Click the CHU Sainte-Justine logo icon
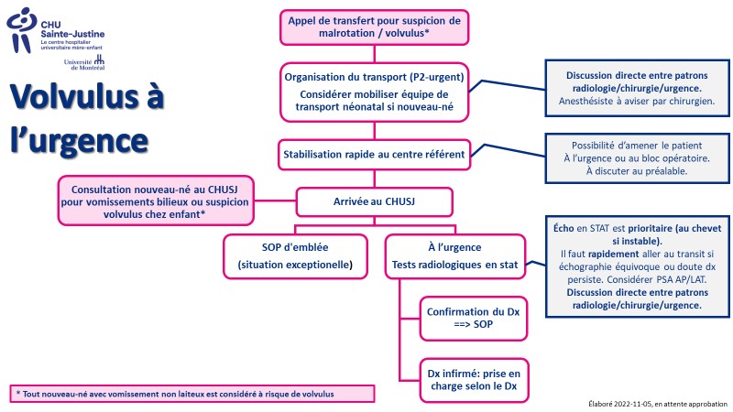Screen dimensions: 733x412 click(x=21, y=29)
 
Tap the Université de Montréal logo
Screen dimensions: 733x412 click(x=84, y=62)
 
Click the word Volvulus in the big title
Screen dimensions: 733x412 click(x=76, y=96)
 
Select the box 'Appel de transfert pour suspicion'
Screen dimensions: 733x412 click(x=374, y=27)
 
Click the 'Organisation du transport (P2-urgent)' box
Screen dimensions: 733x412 click(x=374, y=92)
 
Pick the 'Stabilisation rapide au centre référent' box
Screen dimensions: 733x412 click(x=374, y=155)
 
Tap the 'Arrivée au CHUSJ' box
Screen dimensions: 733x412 click(x=374, y=201)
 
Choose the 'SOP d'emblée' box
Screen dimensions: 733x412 click(x=295, y=256)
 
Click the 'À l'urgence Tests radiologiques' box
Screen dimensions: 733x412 click(x=454, y=256)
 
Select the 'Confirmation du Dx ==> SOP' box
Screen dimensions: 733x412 click(x=473, y=319)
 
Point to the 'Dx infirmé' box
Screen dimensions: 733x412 click(x=474, y=380)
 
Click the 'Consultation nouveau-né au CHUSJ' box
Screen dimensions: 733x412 click(x=155, y=201)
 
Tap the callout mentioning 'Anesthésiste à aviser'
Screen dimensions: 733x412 click(x=637, y=88)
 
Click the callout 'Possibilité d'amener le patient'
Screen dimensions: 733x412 click(x=637, y=158)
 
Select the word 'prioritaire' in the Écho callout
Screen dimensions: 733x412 click(x=650, y=229)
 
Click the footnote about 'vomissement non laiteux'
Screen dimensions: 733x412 click(x=192, y=394)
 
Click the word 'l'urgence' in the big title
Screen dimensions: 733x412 click(x=79, y=141)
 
